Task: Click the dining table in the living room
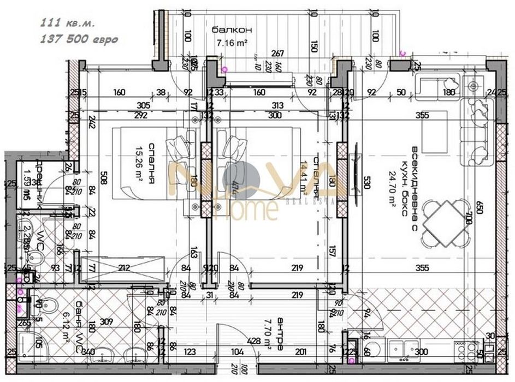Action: tap(449, 223)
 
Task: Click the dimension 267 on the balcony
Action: tap(278, 53)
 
